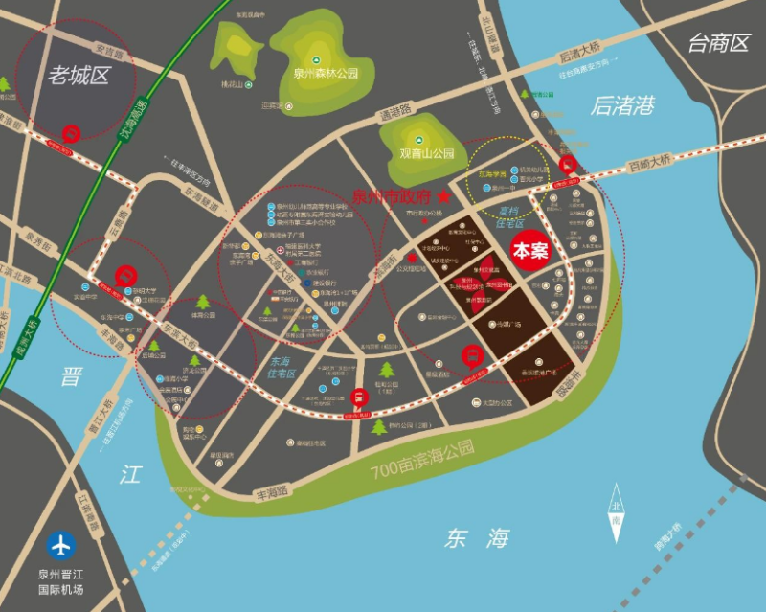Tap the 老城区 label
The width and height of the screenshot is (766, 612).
78,76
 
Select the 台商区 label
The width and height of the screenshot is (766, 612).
718,42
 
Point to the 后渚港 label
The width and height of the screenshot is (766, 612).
623,105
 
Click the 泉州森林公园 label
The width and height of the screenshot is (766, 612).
325,73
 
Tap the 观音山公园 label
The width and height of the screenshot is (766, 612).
427,152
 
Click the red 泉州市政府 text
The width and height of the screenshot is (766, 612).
394,197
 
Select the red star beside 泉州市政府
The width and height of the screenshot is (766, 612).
444,197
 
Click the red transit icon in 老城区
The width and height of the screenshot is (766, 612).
70,134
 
